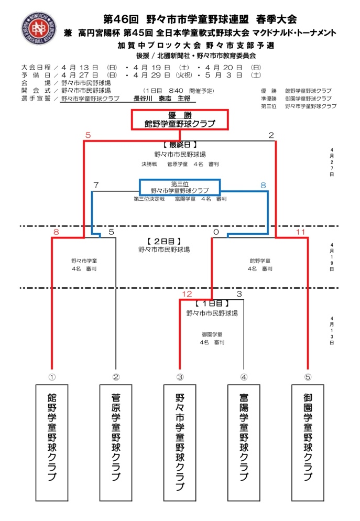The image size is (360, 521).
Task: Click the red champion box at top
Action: pyautogui.click(x=180, y=120)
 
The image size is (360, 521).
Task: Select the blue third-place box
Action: pyautogui.click(x=179, y=187)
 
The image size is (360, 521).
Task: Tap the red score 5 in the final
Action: pyautogui.click(x=88, y=136)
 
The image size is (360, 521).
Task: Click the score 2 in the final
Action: pyautogui.click(x=271, y=136)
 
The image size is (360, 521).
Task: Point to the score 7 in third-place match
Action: pyautogui.click(x=96, y=185)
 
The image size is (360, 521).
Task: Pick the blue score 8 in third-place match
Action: pyautogui.click(x=263, y=185)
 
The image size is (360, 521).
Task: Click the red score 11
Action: pyautogui.click(x=300, y=232)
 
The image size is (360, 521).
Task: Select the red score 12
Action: pyautogui.click(x=187, y=294)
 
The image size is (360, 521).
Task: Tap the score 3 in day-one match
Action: pyautogui.click(x=239, y=294)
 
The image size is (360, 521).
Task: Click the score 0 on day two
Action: pyautogui.click(x=215, y=232)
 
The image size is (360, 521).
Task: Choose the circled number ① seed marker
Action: pyautogui.click(x=52, y=376)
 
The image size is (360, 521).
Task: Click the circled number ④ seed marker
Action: pyautogui.click(x=244, y=376)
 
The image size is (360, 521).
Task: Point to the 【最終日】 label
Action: pyautogui.click(x=180, y=144)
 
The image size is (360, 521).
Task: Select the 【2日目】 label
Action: pyautogui.click(x=165, y=241)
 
